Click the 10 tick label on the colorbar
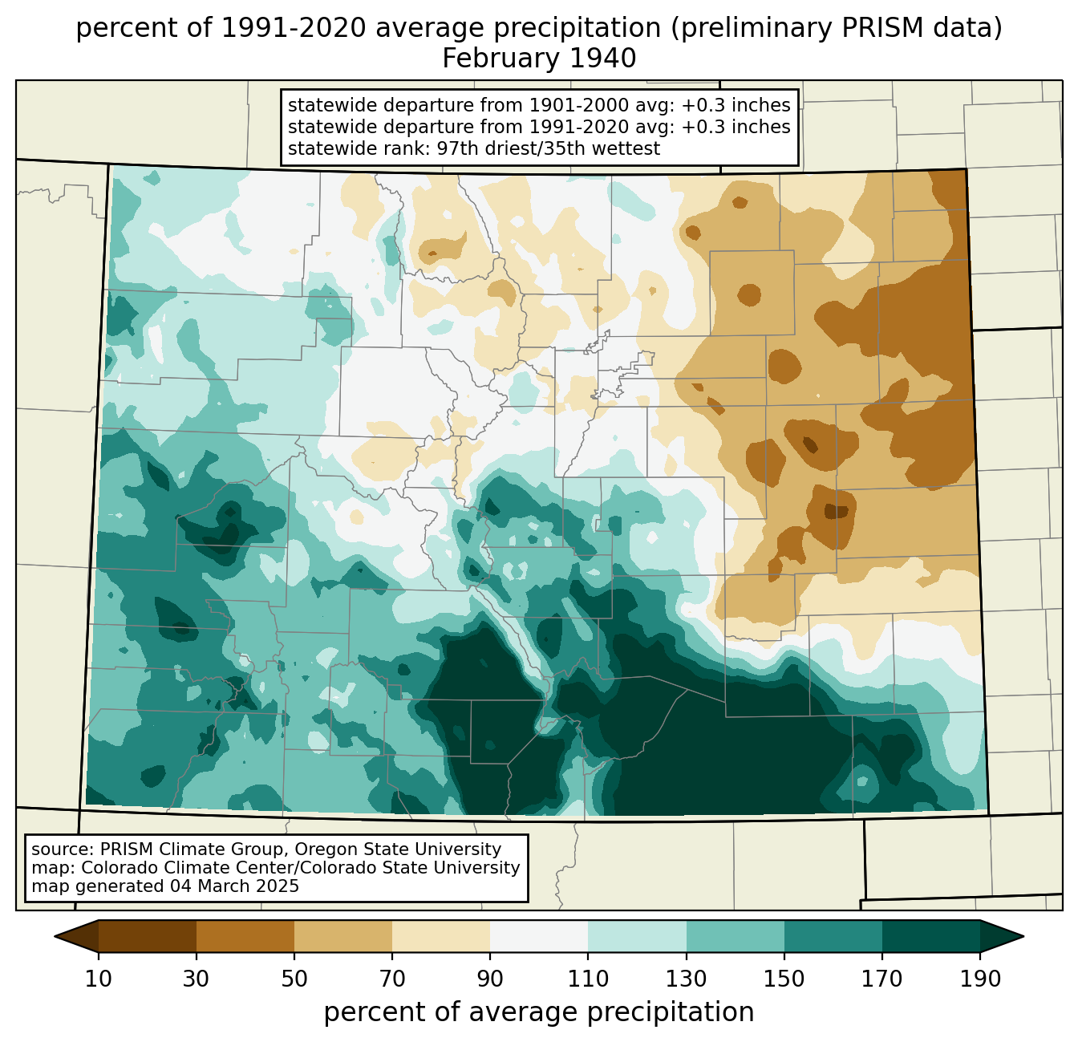pyautogui.click(x=98, y=979)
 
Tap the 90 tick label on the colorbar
pyautogui.click(x=490, y=979)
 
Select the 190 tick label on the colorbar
pyautogui.click(x=980, y=979)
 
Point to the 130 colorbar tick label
pyautogui.click(x=686, y=979)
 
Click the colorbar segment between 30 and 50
pyautogui.click(x=245, y=937)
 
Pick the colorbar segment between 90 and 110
pyautogui.click(x=539, y=937)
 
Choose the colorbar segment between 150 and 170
pyautogui.click(x=833, y=937)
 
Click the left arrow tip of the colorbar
pyautogui.click(x=55, y=937)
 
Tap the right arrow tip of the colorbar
pyautogui.click(x=1023, y=937)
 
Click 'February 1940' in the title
pyautogui.click(x=539, y=59)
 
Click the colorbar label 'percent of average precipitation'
pyautogui.click(x=539, y=1012)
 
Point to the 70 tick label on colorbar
pyautogui.click(x=392, y=979)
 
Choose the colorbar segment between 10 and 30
pyautogui.click(x=148, y=937)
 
